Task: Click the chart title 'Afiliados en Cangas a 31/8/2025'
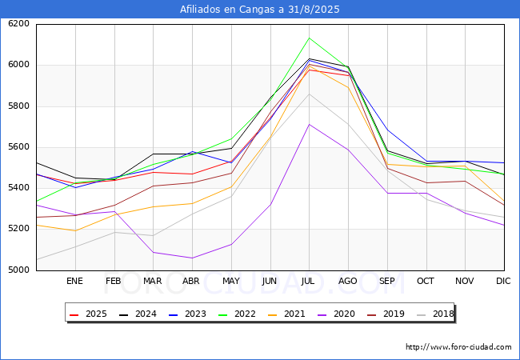click(260, 10)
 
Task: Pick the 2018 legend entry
click(435, 314)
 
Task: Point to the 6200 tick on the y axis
click(18, 24)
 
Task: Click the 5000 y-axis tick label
click(18, 270)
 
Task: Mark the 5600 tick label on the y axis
click(18, 147)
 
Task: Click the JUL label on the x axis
click(309, 281)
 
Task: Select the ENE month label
click(74, 281)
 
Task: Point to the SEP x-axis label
click(387, 281)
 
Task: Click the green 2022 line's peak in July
click(309, 38)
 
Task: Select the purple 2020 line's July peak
click(309, 124)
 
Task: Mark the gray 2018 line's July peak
click(309, 94)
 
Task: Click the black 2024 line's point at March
click(153, 154)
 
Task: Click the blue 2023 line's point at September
click(387, 130)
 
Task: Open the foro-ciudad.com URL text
click(458, 347)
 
